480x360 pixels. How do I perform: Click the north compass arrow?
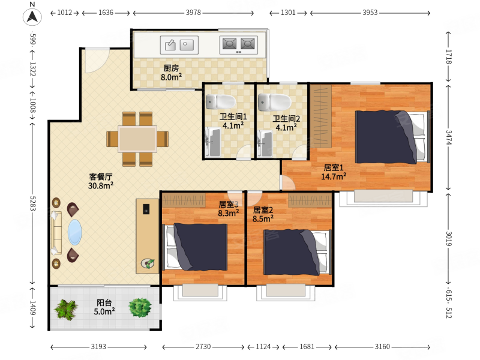point(32,16)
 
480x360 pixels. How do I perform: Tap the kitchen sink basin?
point(179,45)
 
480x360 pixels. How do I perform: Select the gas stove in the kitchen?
point(238,45)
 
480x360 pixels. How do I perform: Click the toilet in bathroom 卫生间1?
point(220,101)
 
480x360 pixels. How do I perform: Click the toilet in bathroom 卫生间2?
point(275,102)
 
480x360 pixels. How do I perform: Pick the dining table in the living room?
point(138,139)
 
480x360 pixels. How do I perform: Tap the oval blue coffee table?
point(74,232)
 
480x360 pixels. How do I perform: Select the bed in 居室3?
point(194,247)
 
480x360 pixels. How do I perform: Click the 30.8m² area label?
point(101,185)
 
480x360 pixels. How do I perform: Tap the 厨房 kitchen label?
point(171,68)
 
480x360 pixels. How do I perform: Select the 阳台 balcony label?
point(104,302)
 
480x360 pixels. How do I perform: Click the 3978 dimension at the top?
point(193,13)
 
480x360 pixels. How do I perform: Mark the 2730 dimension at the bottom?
point(203,347)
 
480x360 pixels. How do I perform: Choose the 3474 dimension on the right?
point(448,138)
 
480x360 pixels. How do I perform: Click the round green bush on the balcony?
point(140,307)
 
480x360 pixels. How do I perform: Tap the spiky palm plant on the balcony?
point(65,310)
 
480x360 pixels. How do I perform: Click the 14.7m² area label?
point(334,176)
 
